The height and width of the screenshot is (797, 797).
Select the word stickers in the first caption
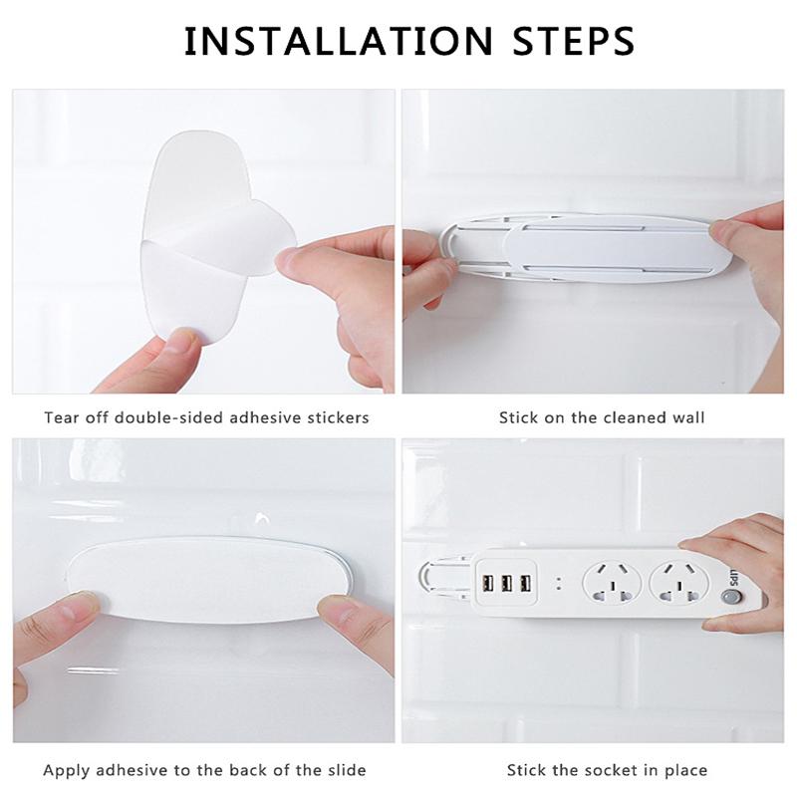pyautogui.click(x=336, y=417)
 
